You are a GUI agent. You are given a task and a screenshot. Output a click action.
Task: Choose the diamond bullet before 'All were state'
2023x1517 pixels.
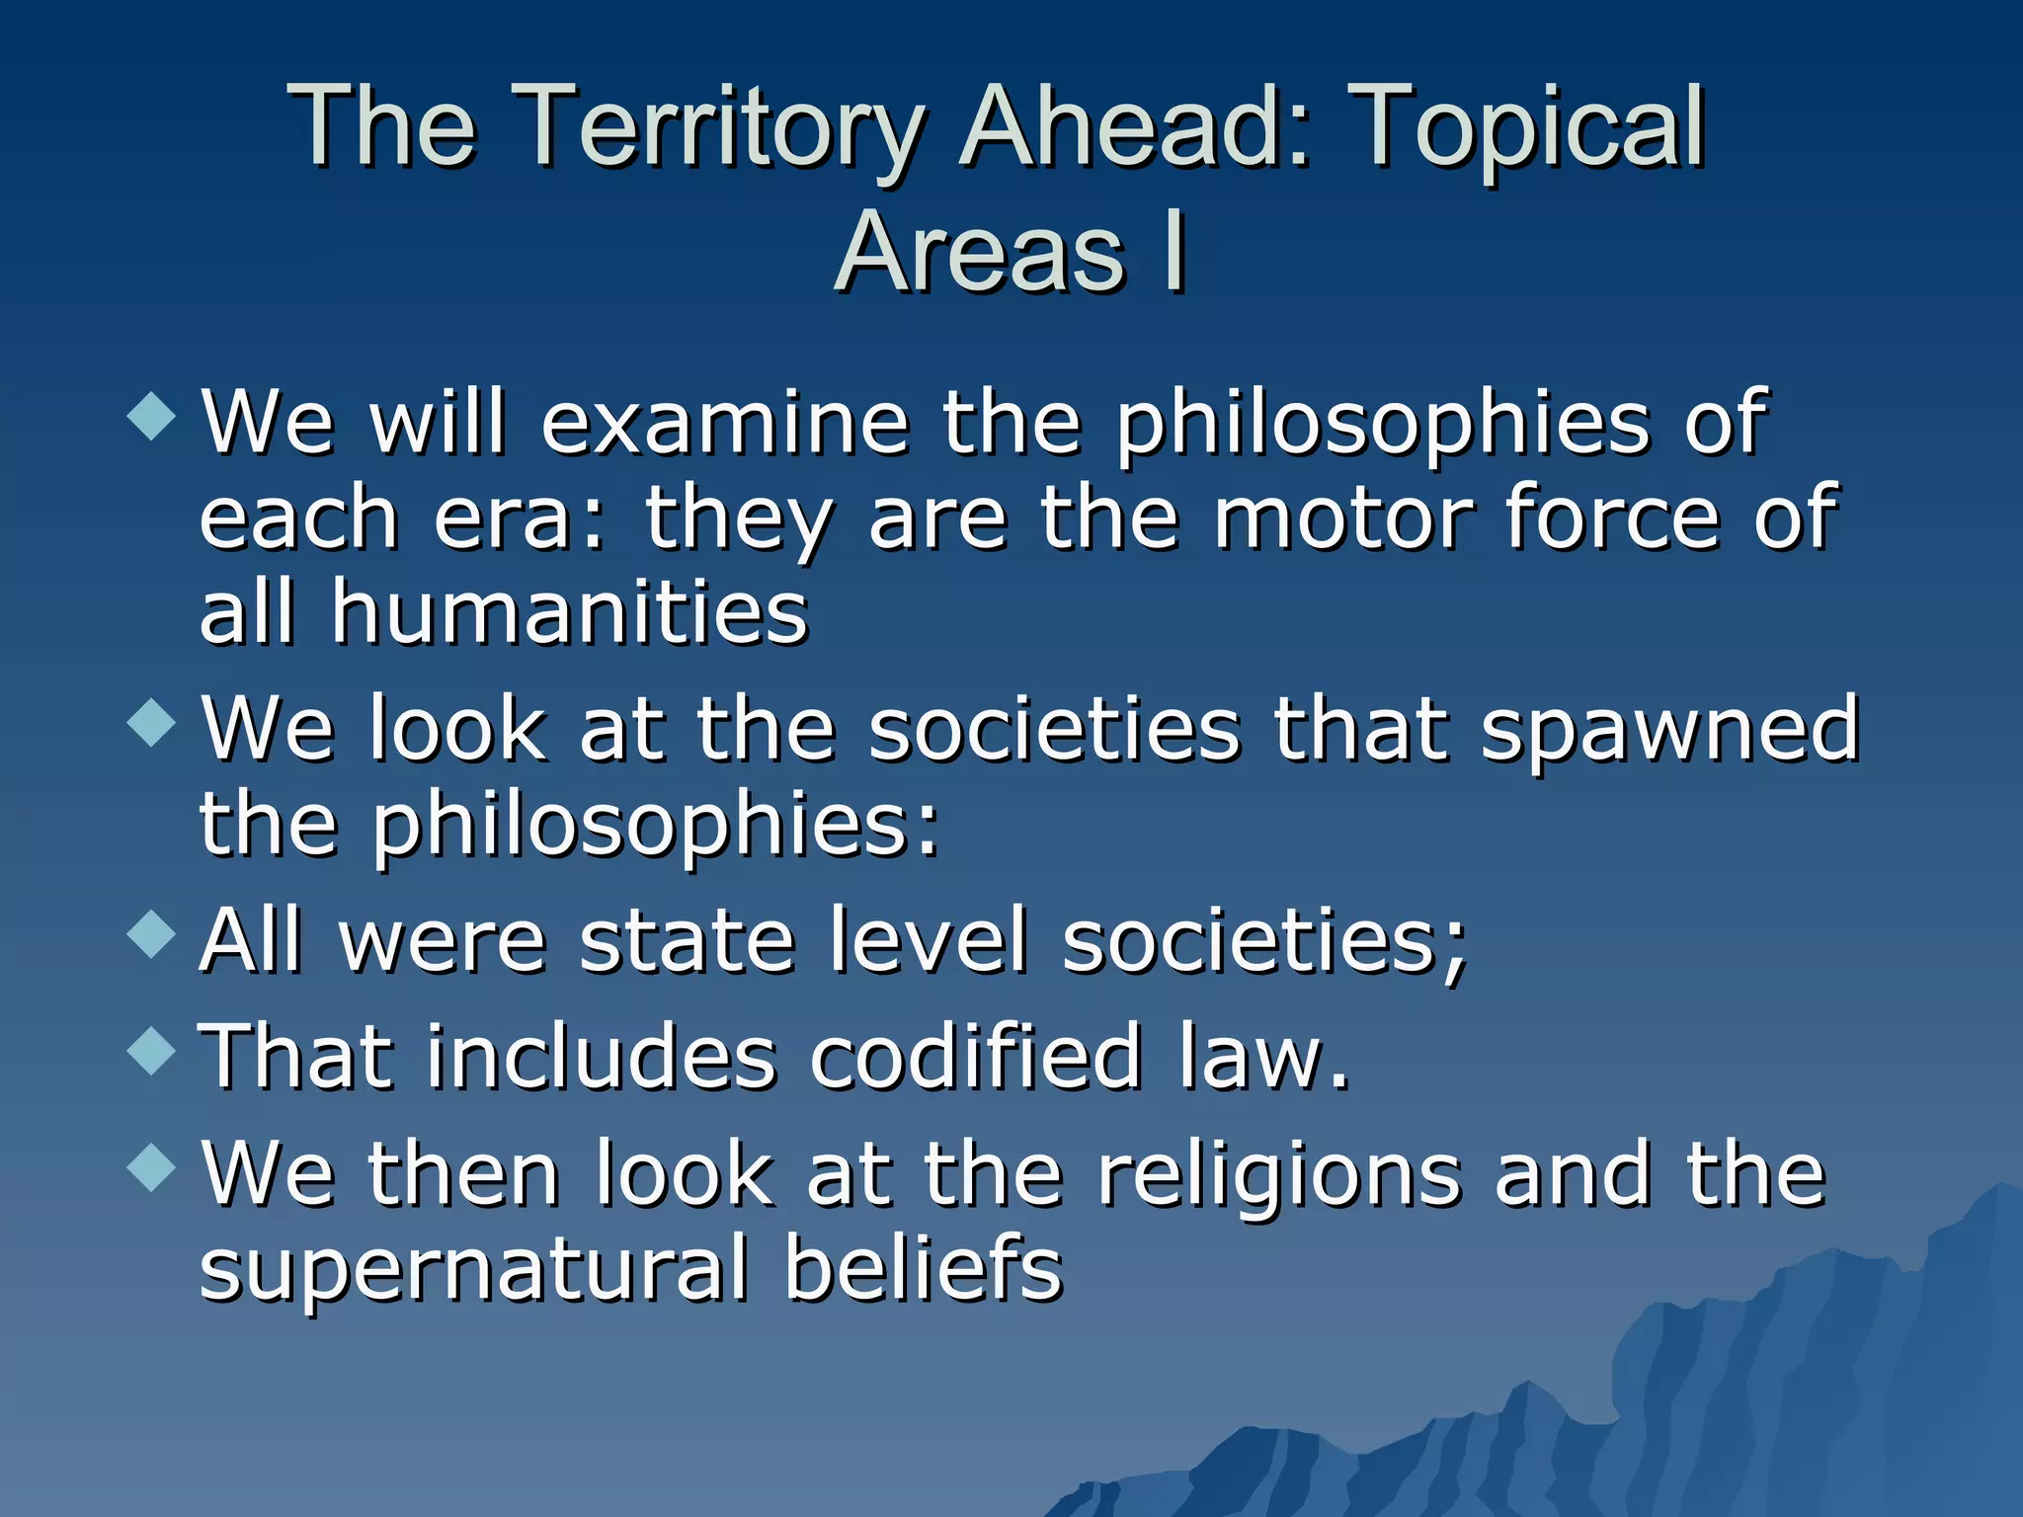152,933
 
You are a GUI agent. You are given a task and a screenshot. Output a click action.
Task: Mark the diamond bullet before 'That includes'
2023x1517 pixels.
152,1051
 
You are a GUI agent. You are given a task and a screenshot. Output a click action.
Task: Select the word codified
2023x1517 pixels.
976,1057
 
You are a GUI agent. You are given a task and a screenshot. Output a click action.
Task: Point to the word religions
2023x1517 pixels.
1279,1175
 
